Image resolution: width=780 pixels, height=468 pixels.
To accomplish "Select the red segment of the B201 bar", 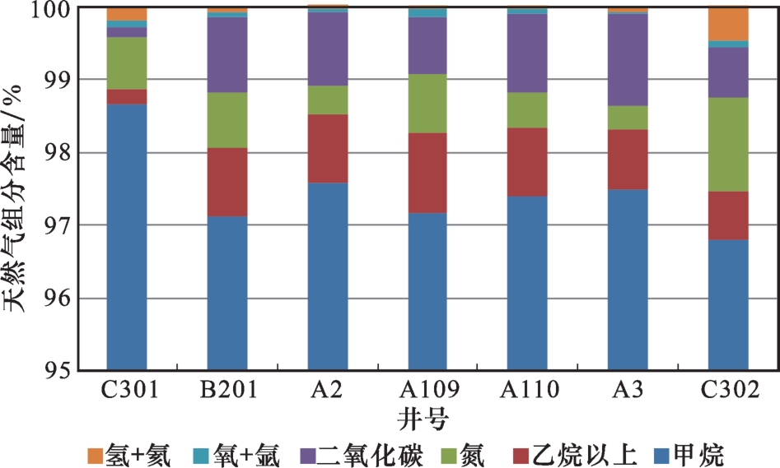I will click(x=227, y=182).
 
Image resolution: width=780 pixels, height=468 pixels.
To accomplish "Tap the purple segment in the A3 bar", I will click(x=628, y=59).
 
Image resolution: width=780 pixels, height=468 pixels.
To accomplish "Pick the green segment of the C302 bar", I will click(x=728, y=144).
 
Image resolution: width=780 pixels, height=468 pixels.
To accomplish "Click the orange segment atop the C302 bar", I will click(x=728, y=23).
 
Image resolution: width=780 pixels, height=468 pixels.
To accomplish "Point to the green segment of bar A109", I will click(x=427, y=103).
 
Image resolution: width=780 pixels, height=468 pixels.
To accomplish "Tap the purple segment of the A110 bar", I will click(x=527, y=53).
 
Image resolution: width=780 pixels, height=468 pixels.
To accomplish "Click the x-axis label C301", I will click(x=127, y=389).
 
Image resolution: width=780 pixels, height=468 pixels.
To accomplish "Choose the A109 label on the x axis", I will click(x=427, y=389).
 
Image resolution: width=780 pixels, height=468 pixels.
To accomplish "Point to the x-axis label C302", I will click(x=728, y=389).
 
